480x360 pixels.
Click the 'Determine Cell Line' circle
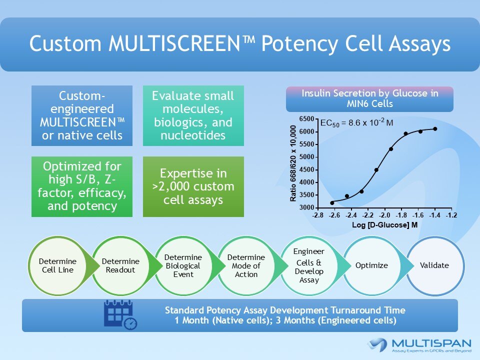tap(57, 265)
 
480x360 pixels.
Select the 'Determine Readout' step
tap(120, 265)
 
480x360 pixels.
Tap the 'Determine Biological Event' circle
tap(183, 265)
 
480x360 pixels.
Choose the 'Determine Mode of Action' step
tap(246, 265)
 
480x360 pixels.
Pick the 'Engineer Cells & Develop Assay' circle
tap(308, 265)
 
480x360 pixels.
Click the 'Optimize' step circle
tap(371, 265)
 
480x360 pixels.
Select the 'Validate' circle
tap(434, 265)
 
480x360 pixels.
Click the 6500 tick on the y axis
tap(307, 119)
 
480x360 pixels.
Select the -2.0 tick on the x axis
tap(384, 215)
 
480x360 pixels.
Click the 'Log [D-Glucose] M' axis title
tap(384, 225)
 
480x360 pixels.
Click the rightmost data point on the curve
tap(435, 129)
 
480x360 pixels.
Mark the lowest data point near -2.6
tap(332, 202)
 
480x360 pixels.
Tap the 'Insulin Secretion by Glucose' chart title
tap(369, 99)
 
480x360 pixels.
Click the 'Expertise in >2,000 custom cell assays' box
tap(193, 186)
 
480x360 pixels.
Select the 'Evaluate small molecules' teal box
tap(193, 115)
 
